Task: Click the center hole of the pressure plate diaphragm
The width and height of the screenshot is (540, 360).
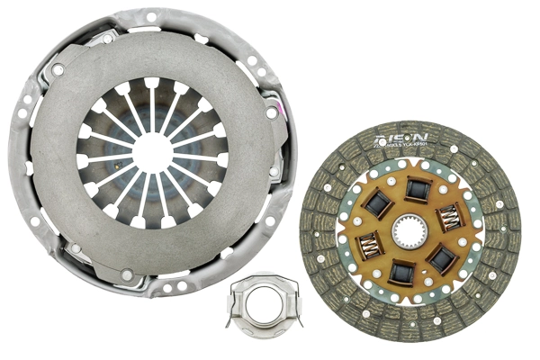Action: (x=153, y=151)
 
